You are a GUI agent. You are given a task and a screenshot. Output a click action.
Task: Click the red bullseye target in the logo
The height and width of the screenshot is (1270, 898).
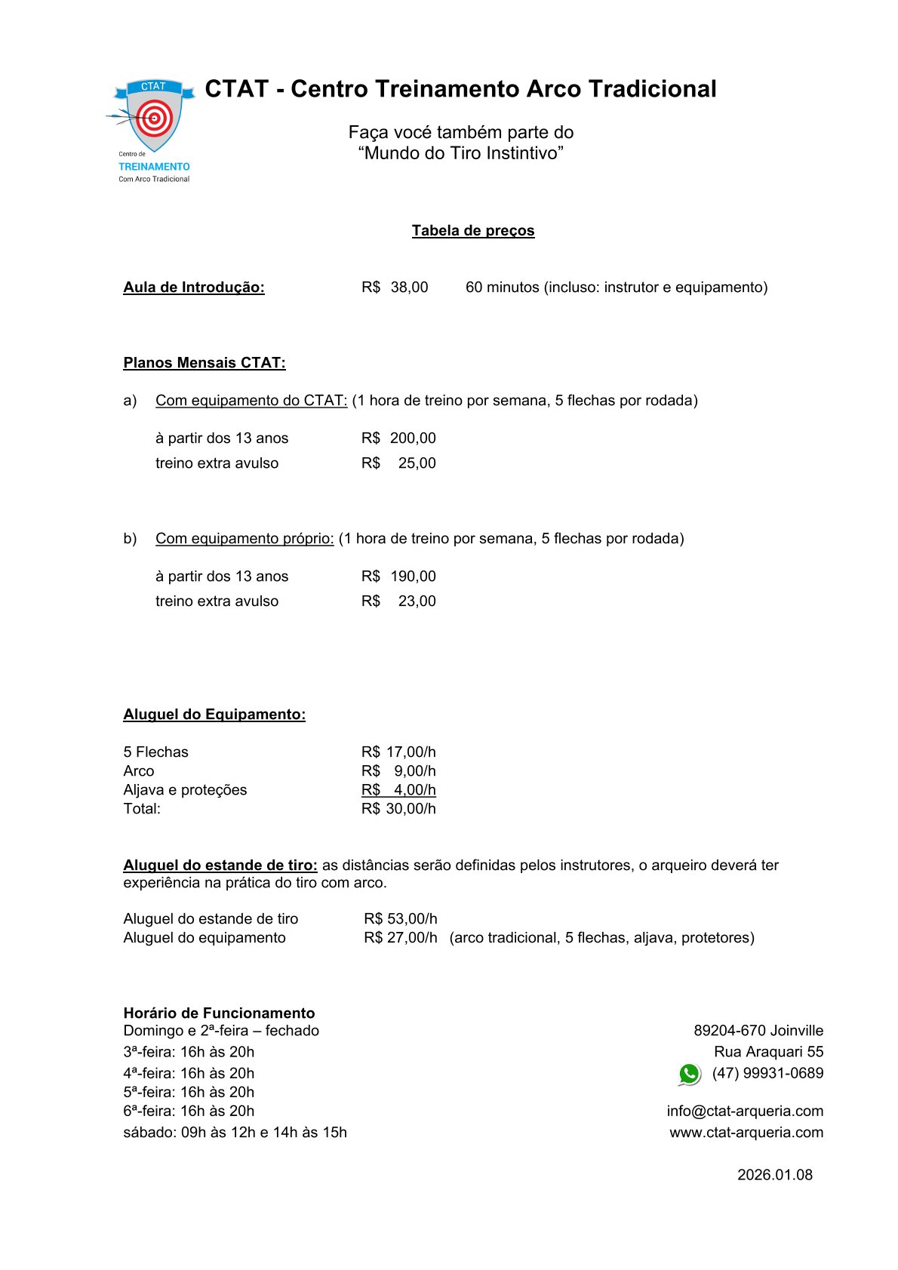[x=155, y=118]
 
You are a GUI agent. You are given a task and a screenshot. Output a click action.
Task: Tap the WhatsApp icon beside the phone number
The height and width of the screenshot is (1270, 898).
[x=689, y=1074]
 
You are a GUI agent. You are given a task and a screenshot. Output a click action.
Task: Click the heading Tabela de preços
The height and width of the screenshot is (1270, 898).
[x=473, y=231]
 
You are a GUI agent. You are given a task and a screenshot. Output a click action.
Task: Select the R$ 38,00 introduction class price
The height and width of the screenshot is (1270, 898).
[x=395, y=288]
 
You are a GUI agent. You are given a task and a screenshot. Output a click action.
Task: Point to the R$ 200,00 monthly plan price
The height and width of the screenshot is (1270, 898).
[x=398, y=438]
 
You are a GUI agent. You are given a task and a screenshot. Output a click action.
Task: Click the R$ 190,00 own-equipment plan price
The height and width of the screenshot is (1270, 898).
[x=398, y=577]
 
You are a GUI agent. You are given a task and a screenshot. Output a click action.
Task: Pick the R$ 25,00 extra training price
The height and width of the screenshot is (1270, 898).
[x=398, y=463]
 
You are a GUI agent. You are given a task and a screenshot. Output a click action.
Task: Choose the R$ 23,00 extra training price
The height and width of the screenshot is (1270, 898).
[x=398, y=601]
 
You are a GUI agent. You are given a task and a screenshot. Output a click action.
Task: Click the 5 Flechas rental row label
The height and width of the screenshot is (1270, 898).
[x=156, y=752]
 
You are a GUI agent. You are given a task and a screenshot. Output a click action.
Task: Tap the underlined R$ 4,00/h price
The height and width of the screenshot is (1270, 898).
[x=398, y=790]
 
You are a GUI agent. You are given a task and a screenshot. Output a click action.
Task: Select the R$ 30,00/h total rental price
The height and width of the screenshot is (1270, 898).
[x=398, y=809]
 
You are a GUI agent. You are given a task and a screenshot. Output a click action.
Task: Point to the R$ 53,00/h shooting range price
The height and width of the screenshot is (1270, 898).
[x=401, y=919]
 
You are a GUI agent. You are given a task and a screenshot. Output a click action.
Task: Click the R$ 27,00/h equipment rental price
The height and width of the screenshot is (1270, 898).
[x=401, y=938]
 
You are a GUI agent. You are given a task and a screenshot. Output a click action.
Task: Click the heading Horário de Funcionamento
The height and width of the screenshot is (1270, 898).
[x=219, y=1013]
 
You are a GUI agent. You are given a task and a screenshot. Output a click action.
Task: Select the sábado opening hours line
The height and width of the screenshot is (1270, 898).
[x=235, y=1133]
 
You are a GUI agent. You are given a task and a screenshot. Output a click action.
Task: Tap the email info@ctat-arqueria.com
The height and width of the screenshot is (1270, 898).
[x=745, y=1112]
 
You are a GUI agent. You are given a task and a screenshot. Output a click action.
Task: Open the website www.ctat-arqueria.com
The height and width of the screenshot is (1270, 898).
[x=746, y=1133]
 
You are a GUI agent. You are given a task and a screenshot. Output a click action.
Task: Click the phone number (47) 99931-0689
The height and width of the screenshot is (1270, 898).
[x=767, y=1073]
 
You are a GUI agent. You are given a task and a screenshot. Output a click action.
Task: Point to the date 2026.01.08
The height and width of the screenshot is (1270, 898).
[x=775, y=1175]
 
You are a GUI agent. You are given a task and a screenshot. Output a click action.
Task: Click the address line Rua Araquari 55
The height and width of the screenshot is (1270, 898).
[x=769, y=1052]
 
